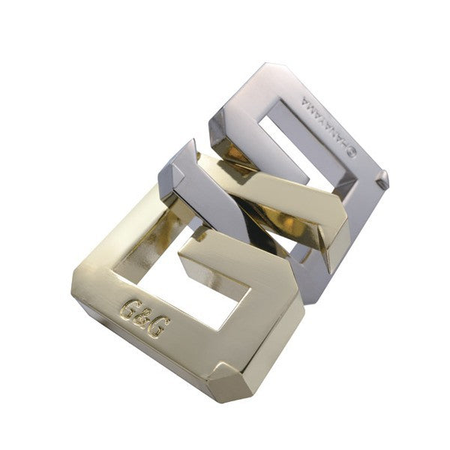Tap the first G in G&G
tap(130, 310)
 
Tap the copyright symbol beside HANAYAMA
tap(351, 153)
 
